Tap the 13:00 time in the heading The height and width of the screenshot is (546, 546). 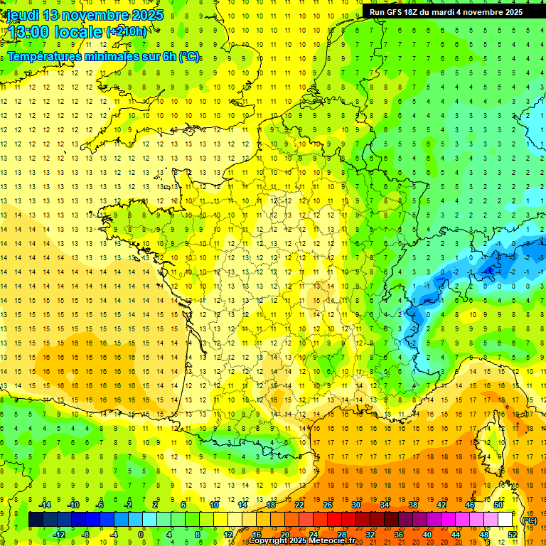tap(29, 32)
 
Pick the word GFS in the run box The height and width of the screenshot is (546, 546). tap(396, 12)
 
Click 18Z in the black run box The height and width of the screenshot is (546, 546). tap(414, 12)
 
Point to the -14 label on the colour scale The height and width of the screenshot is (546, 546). tap(45, 505)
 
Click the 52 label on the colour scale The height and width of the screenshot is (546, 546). tap(513, 534)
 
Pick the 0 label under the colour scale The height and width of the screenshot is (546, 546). tap(140, 534)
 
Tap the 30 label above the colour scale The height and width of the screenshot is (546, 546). tap(355, 505)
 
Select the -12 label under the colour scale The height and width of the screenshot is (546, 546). tap(59, 534)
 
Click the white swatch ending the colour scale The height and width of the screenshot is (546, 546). tap(505, 520)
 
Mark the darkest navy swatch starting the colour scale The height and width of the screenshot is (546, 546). tap(36, 520)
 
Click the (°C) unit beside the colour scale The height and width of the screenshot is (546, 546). tap(530, 520)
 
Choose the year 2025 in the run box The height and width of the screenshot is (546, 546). tap(510, 12)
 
